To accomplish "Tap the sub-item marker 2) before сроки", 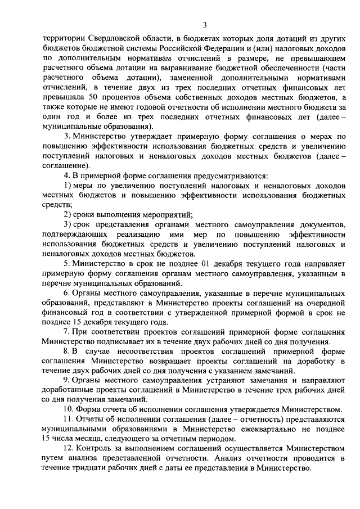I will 67,215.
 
